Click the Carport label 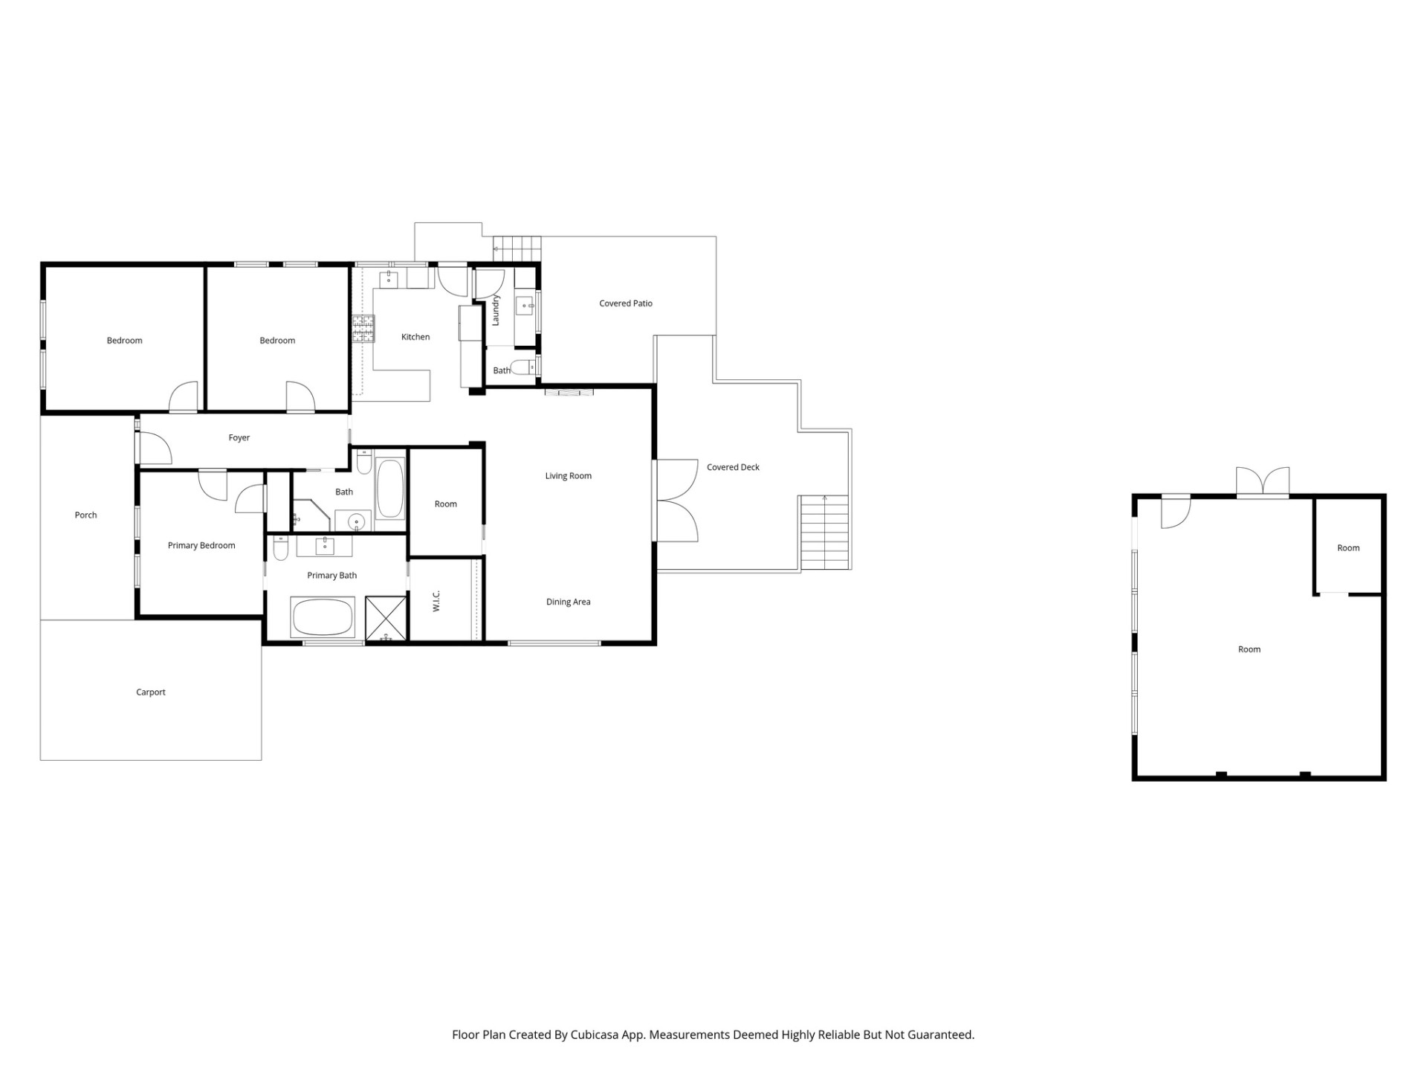(x=151, y=692)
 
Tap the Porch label (x=86, y=515)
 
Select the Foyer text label (x=239, y=438)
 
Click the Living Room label (x=569, y=476)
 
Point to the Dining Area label (x=569, y=602)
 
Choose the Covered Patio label (x=626, y=303)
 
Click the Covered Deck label (x=734, y=467)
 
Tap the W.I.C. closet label (x=437, y=601)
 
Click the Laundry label (x=496, y=310)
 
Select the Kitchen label (x=415, y=337)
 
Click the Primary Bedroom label (x=201, y=545)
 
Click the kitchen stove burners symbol (x=363, y=329)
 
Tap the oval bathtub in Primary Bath (x=323, y=617)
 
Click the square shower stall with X (x=386, y=618)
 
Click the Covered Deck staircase (x=824, y=533)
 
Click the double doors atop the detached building (x=1263, y=481)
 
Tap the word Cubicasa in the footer (x=596, y=1035)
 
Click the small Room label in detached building (x=1348, y=548)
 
